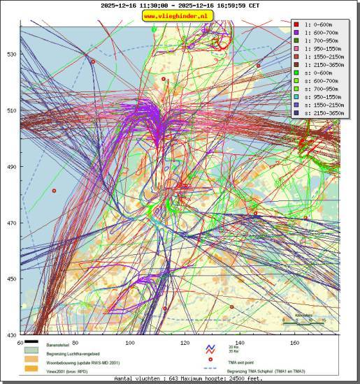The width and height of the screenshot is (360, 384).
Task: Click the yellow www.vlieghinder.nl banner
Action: (179, 16)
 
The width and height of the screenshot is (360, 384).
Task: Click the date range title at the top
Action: (179, 5)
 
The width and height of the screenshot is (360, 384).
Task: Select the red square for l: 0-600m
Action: (296, 24)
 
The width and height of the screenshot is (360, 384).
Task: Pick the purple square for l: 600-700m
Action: (296, 33)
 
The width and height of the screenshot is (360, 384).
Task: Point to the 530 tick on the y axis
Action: (12, 54)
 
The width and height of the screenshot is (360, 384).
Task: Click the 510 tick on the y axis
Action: (12, 110)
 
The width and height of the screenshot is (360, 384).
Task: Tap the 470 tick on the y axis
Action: (12, 223)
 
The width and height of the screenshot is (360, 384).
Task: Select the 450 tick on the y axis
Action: (12, 279)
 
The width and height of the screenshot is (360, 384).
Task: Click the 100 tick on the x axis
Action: (130, 343)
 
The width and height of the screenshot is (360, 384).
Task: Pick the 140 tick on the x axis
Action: (240, 343)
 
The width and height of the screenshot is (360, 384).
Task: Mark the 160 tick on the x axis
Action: (295, 343)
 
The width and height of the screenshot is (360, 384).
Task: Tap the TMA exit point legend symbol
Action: (209, 361)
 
